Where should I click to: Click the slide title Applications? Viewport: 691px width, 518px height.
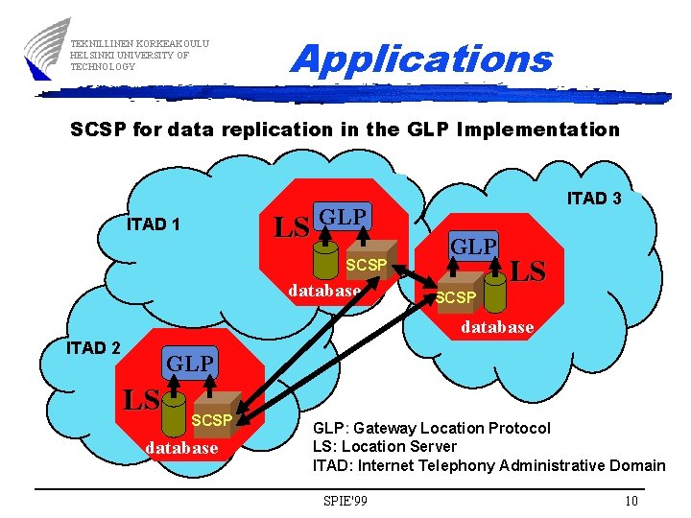(421, 59)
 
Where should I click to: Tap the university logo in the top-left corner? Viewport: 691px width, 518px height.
(46, 48)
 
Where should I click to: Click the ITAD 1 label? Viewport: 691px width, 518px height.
(154, 224)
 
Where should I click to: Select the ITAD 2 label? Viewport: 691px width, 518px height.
(93, 347)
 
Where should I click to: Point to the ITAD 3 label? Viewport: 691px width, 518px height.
(594, 199)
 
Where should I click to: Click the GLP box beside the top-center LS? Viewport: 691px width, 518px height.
(343, 217)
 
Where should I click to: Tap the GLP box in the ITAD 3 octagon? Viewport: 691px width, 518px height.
(473, 246)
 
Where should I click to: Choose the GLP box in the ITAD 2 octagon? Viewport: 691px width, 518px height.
(190, 364)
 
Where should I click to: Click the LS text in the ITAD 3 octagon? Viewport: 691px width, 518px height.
(528, 271)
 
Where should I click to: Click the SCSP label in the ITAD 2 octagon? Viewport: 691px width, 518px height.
(211, 420)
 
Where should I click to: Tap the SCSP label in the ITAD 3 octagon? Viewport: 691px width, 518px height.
(455, 298)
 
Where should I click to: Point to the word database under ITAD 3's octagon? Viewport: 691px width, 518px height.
(497, 327)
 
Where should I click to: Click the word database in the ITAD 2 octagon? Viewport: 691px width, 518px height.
(181, 448)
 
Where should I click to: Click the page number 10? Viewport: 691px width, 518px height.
(631, 501)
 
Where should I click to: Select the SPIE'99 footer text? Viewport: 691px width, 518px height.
(346, 501)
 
